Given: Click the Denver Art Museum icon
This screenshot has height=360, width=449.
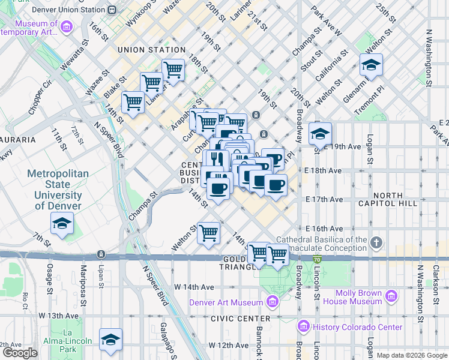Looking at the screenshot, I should pos(273,302).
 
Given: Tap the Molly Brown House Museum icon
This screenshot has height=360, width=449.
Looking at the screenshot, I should pos(391,295).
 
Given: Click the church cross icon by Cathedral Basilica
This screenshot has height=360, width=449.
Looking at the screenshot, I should pos(376,243).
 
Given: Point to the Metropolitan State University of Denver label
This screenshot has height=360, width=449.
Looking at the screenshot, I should pos(58,190).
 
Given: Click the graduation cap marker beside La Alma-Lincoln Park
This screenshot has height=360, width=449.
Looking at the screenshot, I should pos(110,340).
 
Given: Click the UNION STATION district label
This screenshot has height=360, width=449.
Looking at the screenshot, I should pos(151,50).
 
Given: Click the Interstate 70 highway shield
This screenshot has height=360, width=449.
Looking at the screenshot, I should pos(316,259).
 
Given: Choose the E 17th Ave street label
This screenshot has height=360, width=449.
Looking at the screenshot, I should pos(324,199).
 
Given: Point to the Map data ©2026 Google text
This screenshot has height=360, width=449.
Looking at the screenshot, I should pos(412,355).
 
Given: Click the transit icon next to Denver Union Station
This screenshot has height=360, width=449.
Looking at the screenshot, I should pos(112,9).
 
